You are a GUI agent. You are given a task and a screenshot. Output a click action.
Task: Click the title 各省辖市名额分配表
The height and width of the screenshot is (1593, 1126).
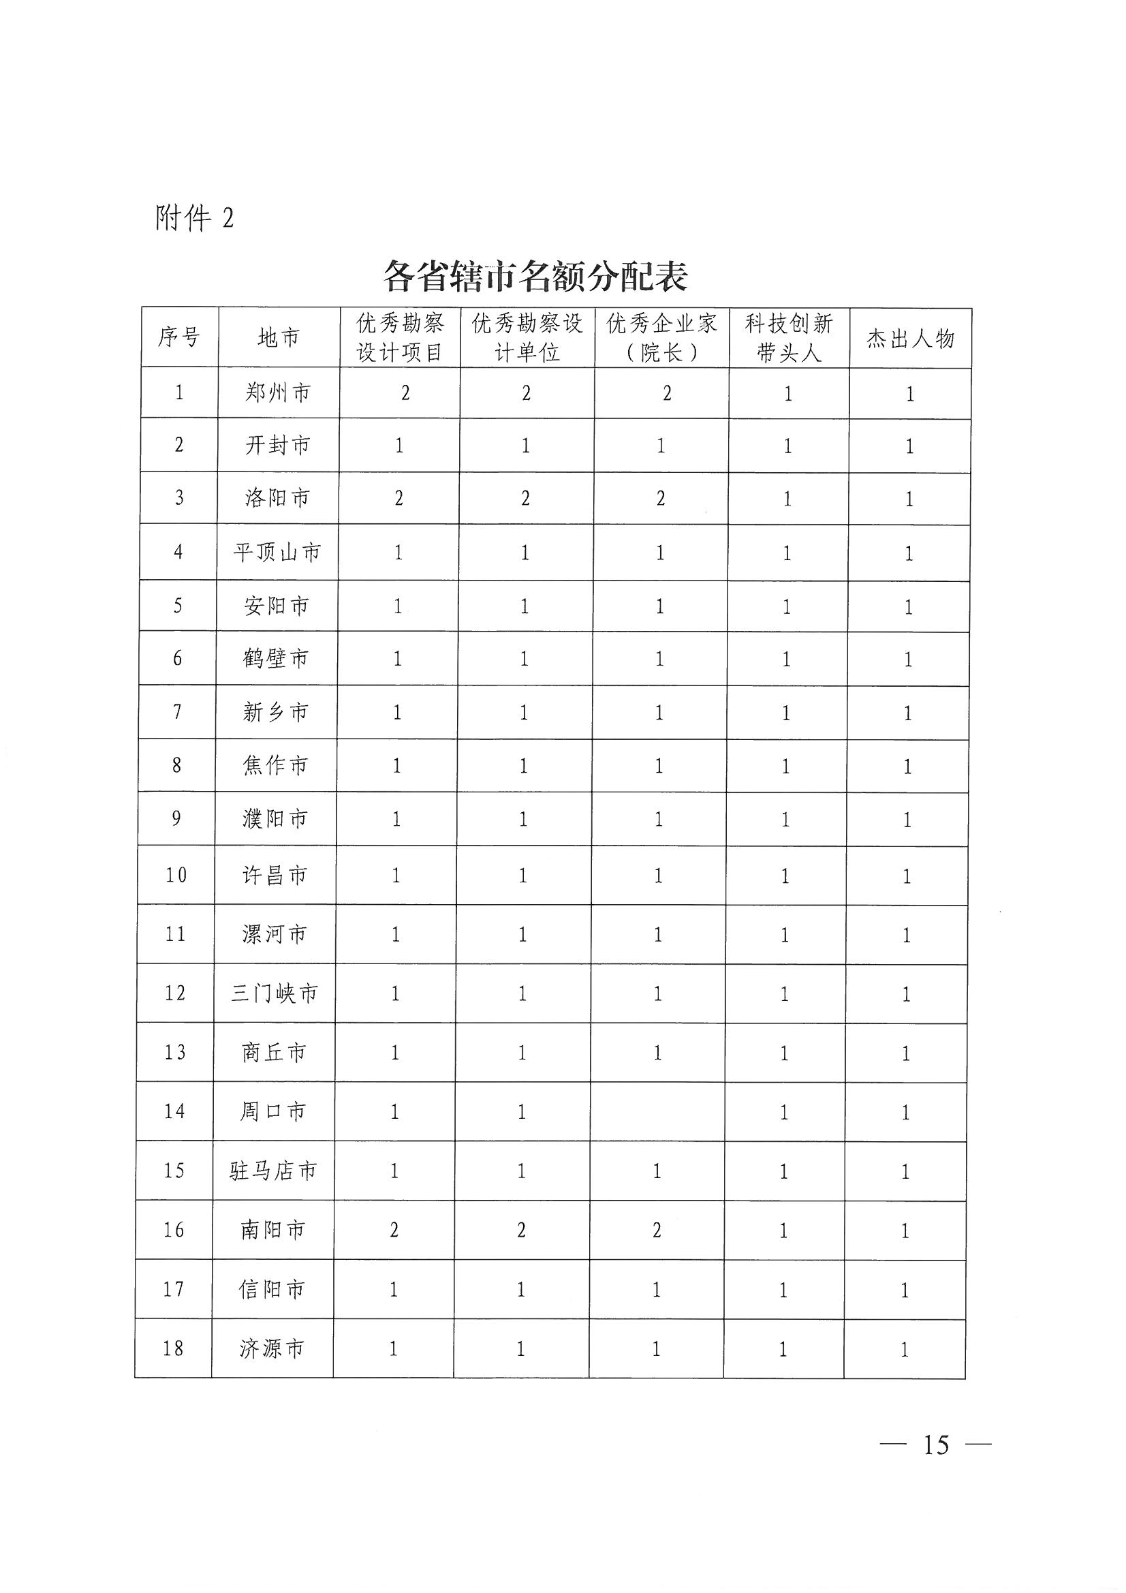pos(535,277)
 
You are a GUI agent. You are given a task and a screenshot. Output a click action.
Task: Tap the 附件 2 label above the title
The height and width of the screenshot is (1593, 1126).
pos(195,218)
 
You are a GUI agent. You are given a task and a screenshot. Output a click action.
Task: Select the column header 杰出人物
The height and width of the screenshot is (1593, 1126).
pos(910,339)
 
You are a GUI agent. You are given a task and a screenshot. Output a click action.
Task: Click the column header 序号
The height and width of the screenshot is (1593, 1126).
pos(179,338)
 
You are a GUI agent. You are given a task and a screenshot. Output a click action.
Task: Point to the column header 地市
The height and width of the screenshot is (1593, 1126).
pos(278,338)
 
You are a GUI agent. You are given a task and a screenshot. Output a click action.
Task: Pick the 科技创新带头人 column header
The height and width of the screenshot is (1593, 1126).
pos(789,338)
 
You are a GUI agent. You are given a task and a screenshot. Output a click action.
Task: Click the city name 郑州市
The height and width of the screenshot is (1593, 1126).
pos(278,393)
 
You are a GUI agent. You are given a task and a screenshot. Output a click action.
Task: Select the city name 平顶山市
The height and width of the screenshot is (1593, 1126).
pos(277,553)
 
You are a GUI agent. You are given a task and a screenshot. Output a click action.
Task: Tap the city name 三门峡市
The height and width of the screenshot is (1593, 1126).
pos(275,993)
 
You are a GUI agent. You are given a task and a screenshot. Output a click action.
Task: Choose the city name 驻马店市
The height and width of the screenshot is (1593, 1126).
pos(273,1171)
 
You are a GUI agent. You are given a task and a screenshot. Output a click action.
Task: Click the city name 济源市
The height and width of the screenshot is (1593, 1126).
pos(272,1349)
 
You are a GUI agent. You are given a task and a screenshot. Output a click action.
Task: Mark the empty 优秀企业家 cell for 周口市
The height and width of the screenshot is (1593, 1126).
pos(657,1112)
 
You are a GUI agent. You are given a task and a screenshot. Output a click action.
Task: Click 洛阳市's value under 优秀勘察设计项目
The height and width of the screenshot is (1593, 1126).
pos(399,498)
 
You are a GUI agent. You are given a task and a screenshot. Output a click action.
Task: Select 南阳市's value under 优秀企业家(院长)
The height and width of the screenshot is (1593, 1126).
pos(657,1230)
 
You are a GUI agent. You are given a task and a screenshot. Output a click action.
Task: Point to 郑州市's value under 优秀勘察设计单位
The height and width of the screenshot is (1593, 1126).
pos(527,393)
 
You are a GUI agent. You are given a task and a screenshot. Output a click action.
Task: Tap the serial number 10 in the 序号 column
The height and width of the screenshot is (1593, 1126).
pos(176,876)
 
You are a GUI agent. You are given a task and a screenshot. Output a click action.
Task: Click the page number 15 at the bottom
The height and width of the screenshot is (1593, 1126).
pos(936,1444)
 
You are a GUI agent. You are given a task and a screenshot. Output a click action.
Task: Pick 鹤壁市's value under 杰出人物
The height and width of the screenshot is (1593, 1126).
pos(908,659)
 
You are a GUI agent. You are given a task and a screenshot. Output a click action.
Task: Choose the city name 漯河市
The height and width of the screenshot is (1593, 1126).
pos(275,935)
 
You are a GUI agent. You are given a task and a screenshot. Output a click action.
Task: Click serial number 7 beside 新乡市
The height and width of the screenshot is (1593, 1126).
pos(178,712)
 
